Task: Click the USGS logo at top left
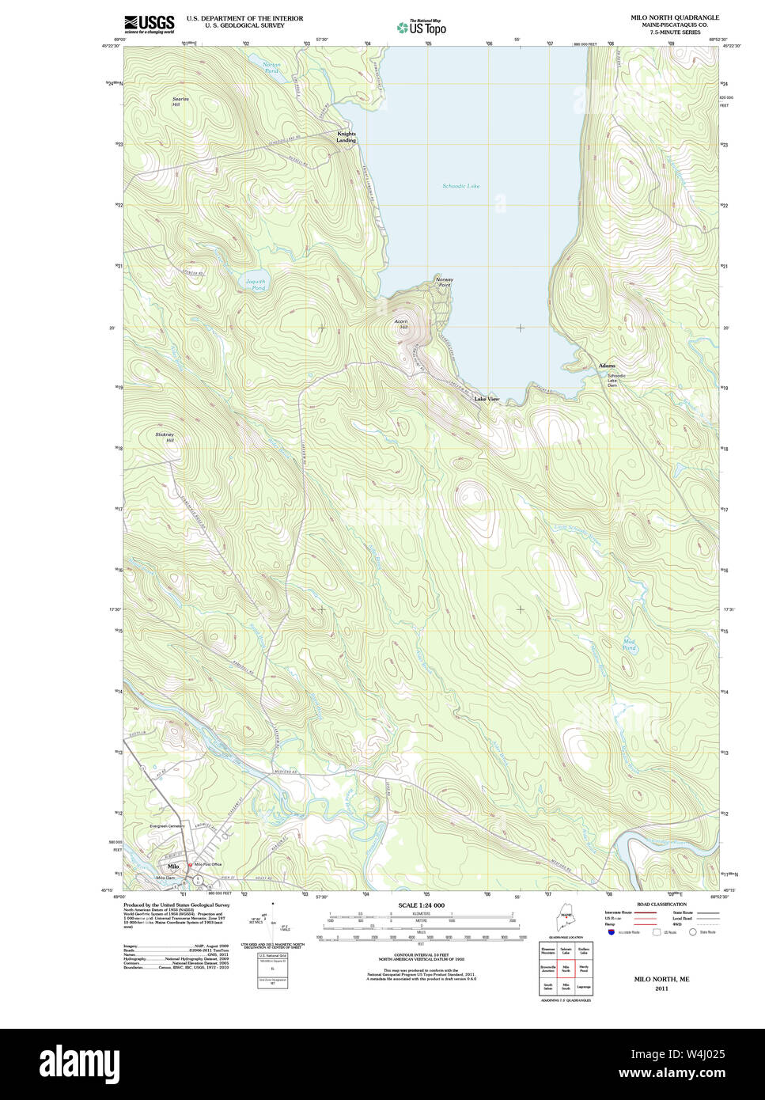click(x=149, y=24)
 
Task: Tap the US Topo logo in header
click(x=421, y=27)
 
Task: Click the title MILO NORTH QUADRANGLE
click(x=674, y=17)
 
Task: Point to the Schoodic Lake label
click(x=460, y=186)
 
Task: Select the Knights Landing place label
click(x=347, y=137)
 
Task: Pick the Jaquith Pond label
click(x=255, y=285)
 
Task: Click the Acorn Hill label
click(x=402, y=324)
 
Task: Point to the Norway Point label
click(x=444, y=282)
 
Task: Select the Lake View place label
click(x=487, y=399)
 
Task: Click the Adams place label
click(x=607, y=366)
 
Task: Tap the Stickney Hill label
click(x=165, y=437)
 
